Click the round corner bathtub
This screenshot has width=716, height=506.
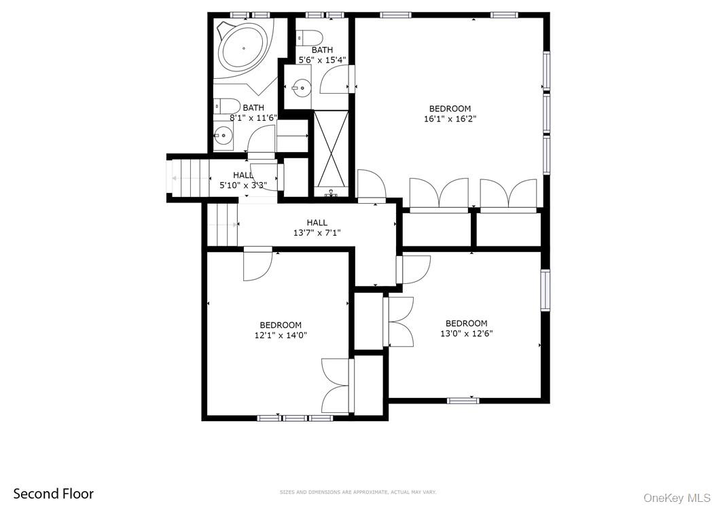(x=244, y=48)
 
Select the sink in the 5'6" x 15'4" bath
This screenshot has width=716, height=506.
(x=300, y=87)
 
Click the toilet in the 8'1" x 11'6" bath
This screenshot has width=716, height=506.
(x=227, y=107)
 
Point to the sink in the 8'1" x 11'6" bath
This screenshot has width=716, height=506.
(x=222, y=135)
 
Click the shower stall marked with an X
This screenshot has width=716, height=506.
(x=331, y=149)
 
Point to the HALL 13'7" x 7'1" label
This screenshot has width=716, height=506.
(x=317, y=228)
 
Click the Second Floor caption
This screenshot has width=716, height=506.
(x=54, y=494)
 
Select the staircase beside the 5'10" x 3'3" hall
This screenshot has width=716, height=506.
(x=189, y=178)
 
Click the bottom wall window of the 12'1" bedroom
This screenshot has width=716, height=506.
(x=295, y=418)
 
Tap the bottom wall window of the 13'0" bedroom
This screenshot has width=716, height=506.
(x=463, y=400)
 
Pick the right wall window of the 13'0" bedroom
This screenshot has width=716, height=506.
(x=545, y=290)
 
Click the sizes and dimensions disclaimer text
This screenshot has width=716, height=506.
(x=357, y=492)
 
